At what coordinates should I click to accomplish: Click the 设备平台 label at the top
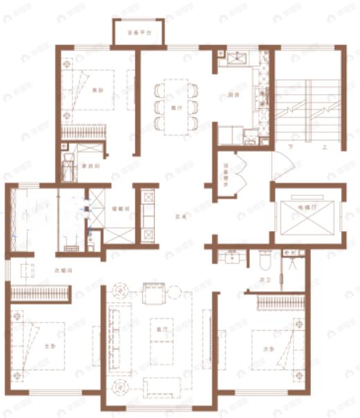[x=138, y=33]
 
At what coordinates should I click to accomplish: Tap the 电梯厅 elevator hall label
[x=306, y=207]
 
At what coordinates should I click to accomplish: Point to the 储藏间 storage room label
[x=118, y=209]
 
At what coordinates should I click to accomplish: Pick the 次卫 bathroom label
[x=263, y=280]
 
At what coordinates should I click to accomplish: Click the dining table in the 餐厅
[x=177, y=106]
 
